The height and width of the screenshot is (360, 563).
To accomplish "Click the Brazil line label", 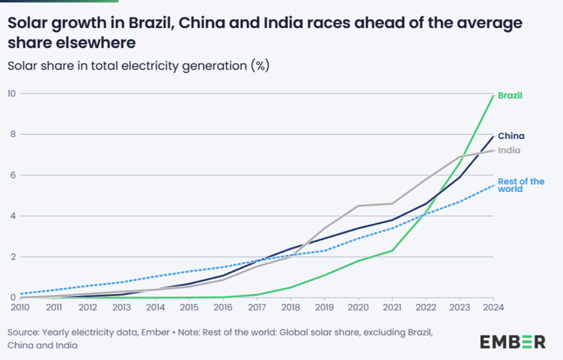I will (509, 95).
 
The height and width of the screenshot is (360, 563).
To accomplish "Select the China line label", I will (511, 136).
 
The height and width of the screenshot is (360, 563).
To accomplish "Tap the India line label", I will (509, 150).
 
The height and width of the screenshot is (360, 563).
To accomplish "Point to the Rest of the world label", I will (521, 185).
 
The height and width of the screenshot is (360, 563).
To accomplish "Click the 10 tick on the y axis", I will (11, 94).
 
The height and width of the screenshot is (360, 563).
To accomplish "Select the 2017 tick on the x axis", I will (257, 307).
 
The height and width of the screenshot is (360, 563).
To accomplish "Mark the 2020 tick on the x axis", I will (358, 307).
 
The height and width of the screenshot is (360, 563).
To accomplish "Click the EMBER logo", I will (513, 342).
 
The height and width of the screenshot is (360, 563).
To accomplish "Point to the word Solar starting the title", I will (24, 23).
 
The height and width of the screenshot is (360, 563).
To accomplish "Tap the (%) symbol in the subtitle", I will (260, 66).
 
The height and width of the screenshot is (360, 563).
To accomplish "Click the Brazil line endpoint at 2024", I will (493, 95).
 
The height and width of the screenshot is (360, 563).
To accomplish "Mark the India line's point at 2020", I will (358, 205).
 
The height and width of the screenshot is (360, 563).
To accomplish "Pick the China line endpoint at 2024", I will (493, 136).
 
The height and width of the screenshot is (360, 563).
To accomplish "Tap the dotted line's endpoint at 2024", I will (493, 185).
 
